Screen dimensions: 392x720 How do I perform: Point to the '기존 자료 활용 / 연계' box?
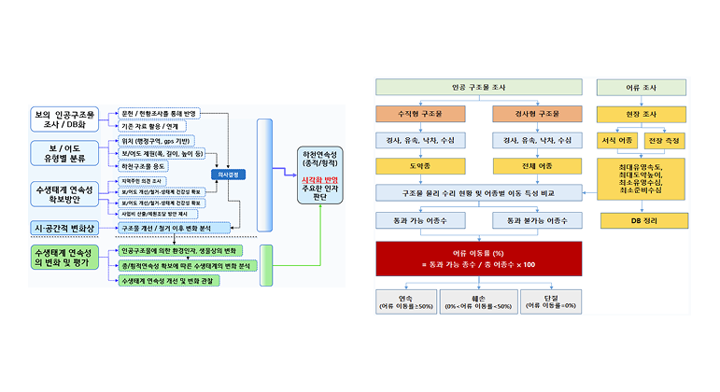[150, 125]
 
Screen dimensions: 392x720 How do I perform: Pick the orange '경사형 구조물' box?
[531, 114]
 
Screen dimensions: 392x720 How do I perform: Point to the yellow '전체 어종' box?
[531, 166]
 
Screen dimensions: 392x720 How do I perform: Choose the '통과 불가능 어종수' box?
[531, 220]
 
